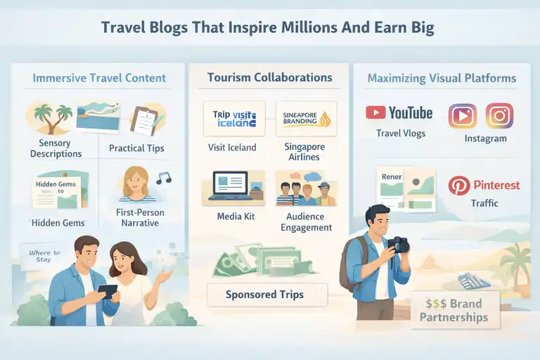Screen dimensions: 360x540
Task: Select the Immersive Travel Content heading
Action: [x=99, y=78]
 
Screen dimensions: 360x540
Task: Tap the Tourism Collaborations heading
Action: [x=270, y=77]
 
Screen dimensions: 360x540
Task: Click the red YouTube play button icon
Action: [x=375, y=113]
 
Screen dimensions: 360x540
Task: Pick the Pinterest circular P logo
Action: [x=459, y=186]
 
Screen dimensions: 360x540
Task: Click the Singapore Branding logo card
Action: [x=307, y=118]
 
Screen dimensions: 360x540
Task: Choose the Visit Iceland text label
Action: [x=232, y=148]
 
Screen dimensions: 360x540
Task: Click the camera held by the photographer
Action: [x=399, y=244]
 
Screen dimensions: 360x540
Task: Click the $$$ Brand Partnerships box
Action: [x=454, y=310]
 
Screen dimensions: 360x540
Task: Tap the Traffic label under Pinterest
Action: [x=484, y=203]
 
